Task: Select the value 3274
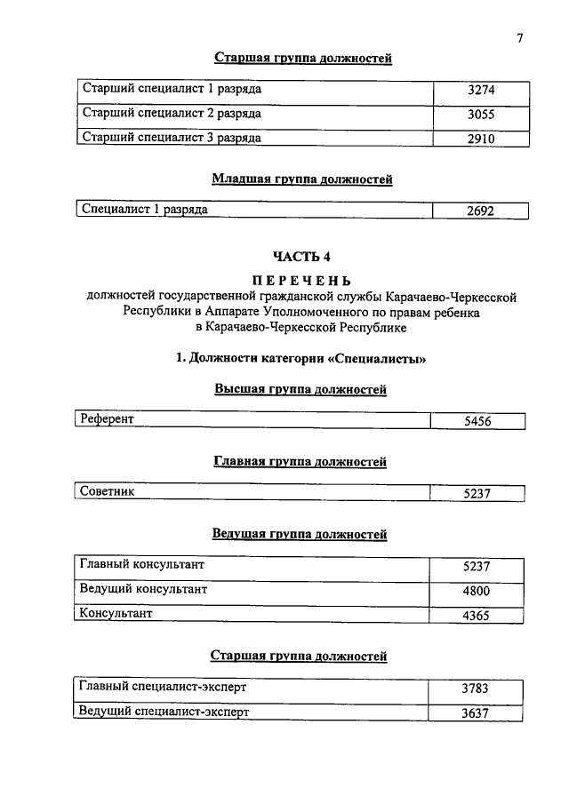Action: (480, 91)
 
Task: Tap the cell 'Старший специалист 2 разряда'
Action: (172, 114)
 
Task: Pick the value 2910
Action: (480, 139)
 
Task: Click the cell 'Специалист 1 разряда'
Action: (145, 210)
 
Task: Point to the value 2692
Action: (479, 211)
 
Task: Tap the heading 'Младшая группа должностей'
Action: (302, 179)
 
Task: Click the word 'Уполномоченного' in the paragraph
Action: (329, 312)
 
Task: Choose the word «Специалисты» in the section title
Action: (375, 359)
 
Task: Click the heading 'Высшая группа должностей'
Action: (301, 389)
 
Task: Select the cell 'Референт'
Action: (107, 418)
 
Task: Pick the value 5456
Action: (477, 422)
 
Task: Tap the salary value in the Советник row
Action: (477, 495)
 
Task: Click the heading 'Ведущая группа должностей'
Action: (300, 534)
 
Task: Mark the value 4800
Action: (476, 591)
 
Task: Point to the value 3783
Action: (476, 689)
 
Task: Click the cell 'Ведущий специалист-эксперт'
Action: (164, 712)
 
